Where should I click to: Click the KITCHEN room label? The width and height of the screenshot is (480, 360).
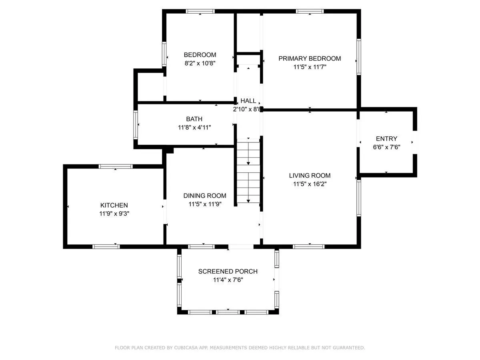[x=114, y=205]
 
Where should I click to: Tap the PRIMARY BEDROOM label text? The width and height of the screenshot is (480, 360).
[x=310, y=58]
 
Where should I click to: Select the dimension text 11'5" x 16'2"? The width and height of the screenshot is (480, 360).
[x=310, y=184]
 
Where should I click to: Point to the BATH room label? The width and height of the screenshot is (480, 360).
[x=194, y=119]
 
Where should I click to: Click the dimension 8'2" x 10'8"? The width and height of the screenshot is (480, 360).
[x=200, y=63]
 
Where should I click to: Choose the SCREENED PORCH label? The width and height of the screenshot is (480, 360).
[x=228, y=272]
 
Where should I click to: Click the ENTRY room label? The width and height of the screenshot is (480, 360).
[x=386, y=138]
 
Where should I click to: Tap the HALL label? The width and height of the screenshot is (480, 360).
[x=248, y=101]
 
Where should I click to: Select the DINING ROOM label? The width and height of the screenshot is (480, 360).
[x=205, y=196]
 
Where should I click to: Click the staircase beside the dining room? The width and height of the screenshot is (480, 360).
[x=248, y=172]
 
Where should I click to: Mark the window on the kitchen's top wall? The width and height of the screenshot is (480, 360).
[x=116, y=166]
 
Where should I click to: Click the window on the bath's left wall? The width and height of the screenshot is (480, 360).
[x=136, y=124]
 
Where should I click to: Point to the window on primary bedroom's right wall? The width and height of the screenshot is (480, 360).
[x=359, y=57]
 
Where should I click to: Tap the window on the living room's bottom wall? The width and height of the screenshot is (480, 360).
[x=308, y=247]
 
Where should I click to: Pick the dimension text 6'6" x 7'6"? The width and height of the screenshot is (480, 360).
[x=386, y=147]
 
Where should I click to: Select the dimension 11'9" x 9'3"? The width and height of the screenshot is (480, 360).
[x=114, y=214]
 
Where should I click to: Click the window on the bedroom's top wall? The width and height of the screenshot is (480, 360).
[x=200, y=11]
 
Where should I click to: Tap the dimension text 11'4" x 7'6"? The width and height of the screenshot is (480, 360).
[x=228, y=280]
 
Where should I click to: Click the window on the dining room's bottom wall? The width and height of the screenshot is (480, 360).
[x=202, y=247]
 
